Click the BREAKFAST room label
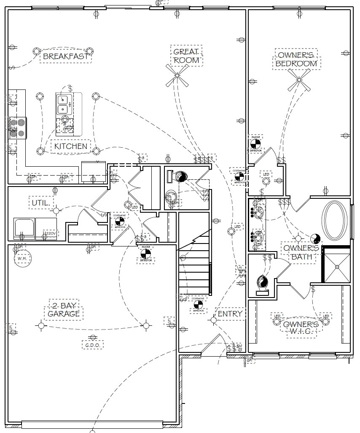[65, 57]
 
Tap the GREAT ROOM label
[186, 56]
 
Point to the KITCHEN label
[71, 146]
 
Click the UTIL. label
[40, 203]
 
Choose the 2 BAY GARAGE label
[64, 310]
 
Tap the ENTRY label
[230, 314]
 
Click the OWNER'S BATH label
[298, 252]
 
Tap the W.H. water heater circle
[22, 258]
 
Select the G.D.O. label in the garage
[92, 345]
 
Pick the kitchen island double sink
[64, 104]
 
